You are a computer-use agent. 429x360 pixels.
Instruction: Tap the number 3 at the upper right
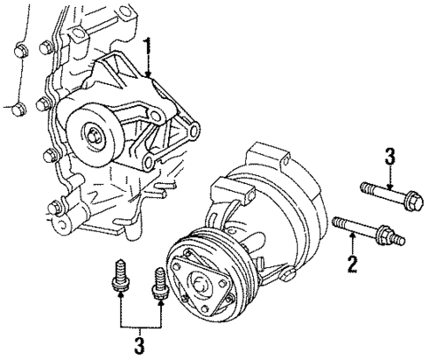click(389, 157)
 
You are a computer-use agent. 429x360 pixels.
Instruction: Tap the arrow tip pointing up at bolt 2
click(352, 236)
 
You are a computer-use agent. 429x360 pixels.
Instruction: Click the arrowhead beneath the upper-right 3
click(390, 181)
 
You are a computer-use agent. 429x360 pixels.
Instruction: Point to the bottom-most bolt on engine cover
click(55, 211)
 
